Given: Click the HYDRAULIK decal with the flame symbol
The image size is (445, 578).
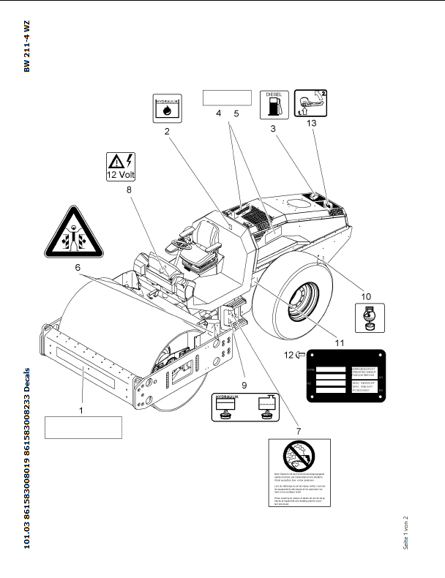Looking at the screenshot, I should coord(168,108).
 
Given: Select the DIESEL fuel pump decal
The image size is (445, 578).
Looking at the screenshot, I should coord(274,105).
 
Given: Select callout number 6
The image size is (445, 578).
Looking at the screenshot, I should coord(78,269).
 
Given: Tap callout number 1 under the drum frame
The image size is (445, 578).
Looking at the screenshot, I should coord(81,410).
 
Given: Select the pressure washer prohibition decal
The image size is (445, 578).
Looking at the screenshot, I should coord(299,476).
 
